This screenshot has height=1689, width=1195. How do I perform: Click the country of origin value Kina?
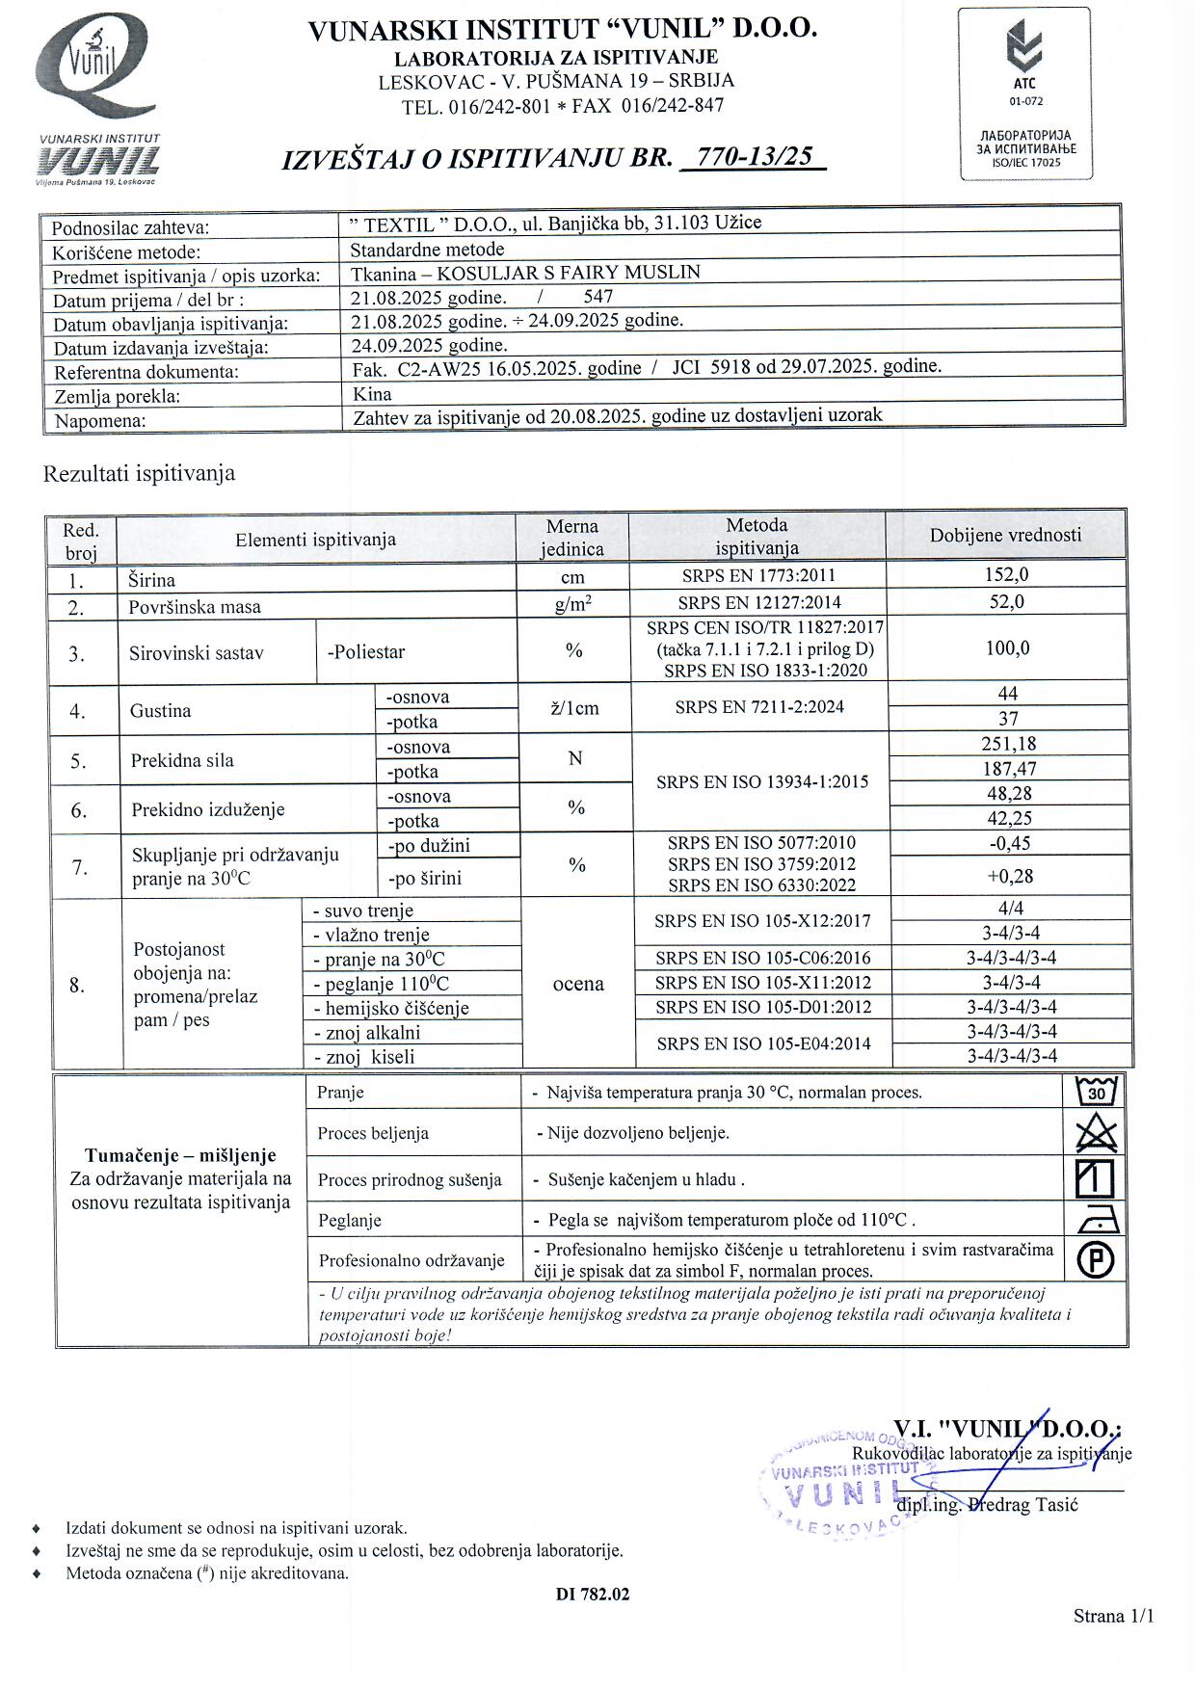[x=372, y=394]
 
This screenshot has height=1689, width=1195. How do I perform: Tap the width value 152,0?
[x=1007, y=575]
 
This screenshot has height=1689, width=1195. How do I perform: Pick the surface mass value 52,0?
[x=1007, y=602]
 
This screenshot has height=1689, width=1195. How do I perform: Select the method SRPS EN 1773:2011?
[x=757, y=576]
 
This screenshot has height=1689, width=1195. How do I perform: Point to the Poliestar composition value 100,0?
[x=1007, y=648]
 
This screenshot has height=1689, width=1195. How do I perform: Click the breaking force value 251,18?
[x=1008, y=744]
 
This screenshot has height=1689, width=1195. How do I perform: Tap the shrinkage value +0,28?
[x=1009, y=876]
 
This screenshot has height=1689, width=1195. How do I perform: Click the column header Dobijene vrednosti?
[x=1005, y=536]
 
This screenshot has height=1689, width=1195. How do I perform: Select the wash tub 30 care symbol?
[x=1096, y=1093]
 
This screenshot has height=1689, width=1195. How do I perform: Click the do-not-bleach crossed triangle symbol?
[x=1096, y=1135]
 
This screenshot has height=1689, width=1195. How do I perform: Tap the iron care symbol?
[x=1097, y=1221]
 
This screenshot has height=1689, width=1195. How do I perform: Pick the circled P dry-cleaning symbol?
[x=1097, y=1260]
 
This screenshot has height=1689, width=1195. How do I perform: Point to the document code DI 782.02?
[x=592, y=1595]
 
